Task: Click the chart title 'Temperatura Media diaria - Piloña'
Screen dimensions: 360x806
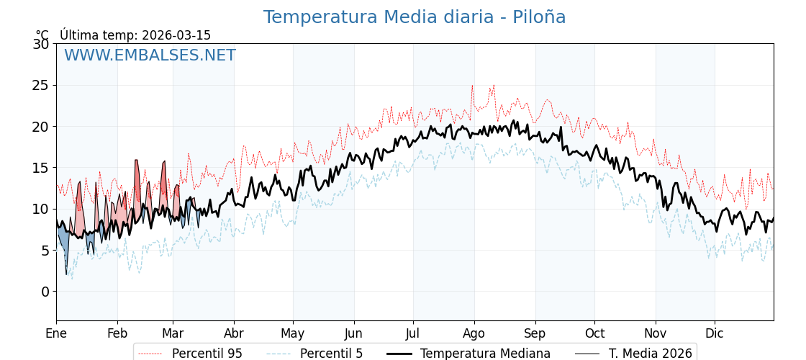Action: [x=414, y=17]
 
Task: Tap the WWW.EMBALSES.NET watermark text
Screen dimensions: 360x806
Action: [x=150, y=55]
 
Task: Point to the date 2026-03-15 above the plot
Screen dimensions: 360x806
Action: [x=176, y=35]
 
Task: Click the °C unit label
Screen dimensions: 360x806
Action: [x=42, y=35]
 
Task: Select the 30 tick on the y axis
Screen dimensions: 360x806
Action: [x=41, y=44]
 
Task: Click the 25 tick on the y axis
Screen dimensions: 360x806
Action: [x=41, y=85]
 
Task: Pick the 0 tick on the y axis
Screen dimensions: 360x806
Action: [x=45, y=292]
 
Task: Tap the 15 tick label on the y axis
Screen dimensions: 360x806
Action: [x=41, y=168]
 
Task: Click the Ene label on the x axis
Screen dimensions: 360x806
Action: [x=56, y=333]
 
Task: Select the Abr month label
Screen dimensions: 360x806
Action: [x=234, y=333]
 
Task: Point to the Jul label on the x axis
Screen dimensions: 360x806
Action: [x=413, y=333]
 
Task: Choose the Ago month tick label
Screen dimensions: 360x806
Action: [x=474, y=333]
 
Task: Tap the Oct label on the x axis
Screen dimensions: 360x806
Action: [x=594, y=333]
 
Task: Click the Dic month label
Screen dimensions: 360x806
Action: [x=715, y=333]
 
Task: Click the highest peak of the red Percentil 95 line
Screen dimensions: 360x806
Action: [x=494, y=85]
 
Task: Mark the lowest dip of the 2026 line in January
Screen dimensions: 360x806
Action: [x=66, y=274]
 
